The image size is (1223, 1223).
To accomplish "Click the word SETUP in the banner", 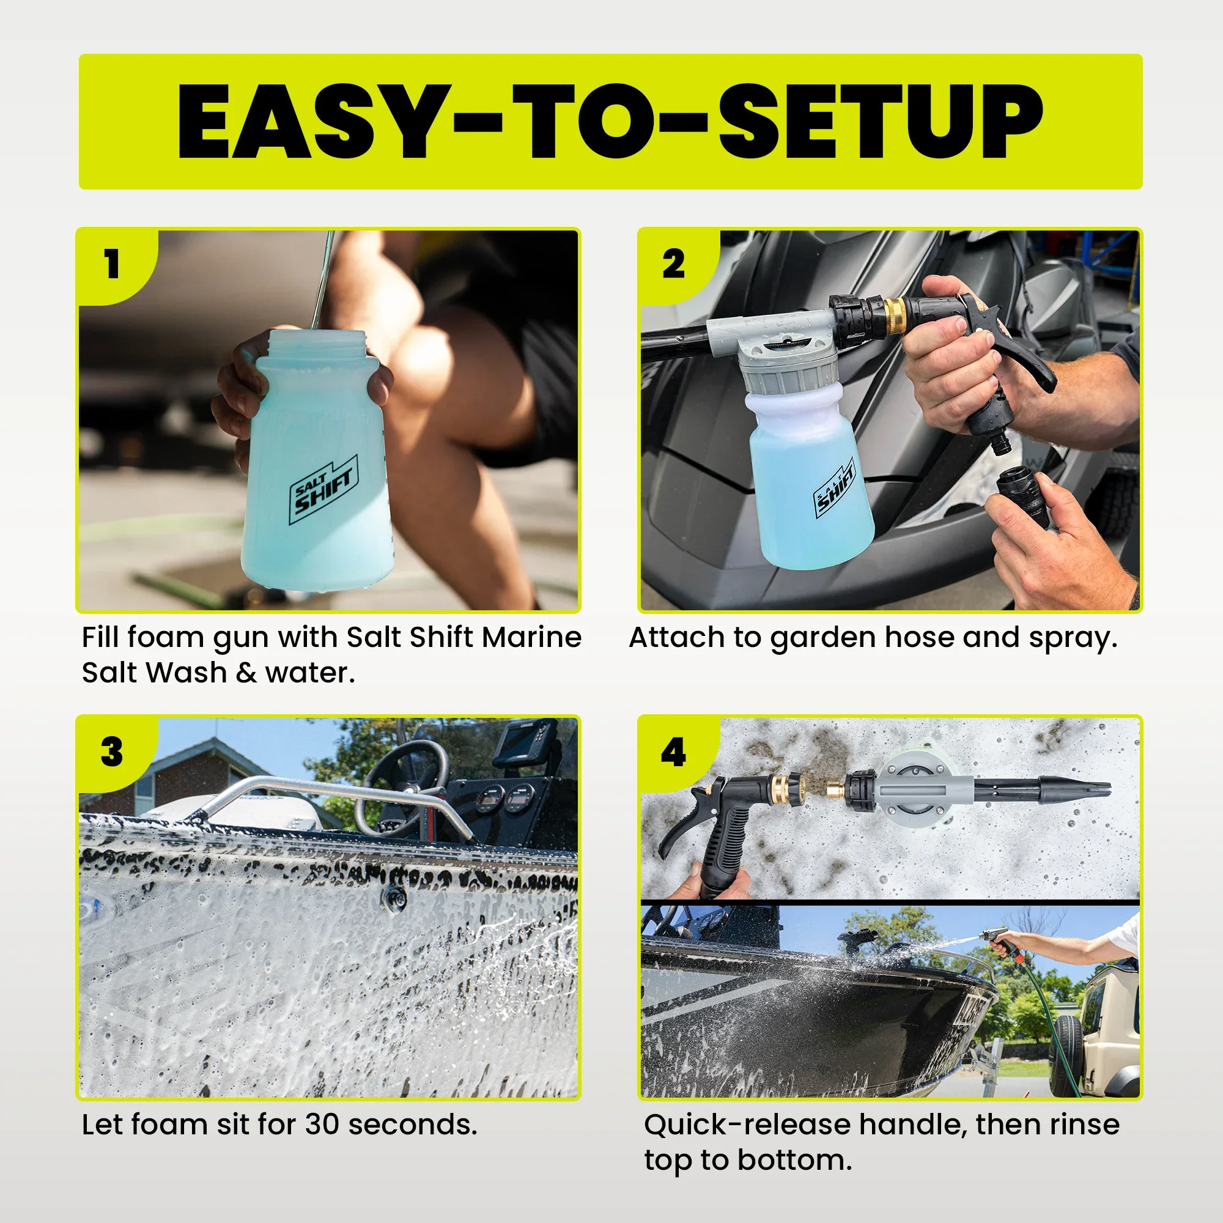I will coord(880,122).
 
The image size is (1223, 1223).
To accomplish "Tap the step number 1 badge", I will coord(112,264).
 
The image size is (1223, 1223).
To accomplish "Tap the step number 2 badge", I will coord(673,264).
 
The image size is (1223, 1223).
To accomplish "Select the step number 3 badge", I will coord(112,752).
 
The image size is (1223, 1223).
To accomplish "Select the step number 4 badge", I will coord(673,752).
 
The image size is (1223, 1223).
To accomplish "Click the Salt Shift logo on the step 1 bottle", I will coord(323,490).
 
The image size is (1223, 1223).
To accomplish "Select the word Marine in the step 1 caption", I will coord(531,637).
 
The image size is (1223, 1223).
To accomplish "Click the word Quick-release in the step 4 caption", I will coord(747,1125).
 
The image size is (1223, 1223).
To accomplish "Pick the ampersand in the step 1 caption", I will coord(246,672).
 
